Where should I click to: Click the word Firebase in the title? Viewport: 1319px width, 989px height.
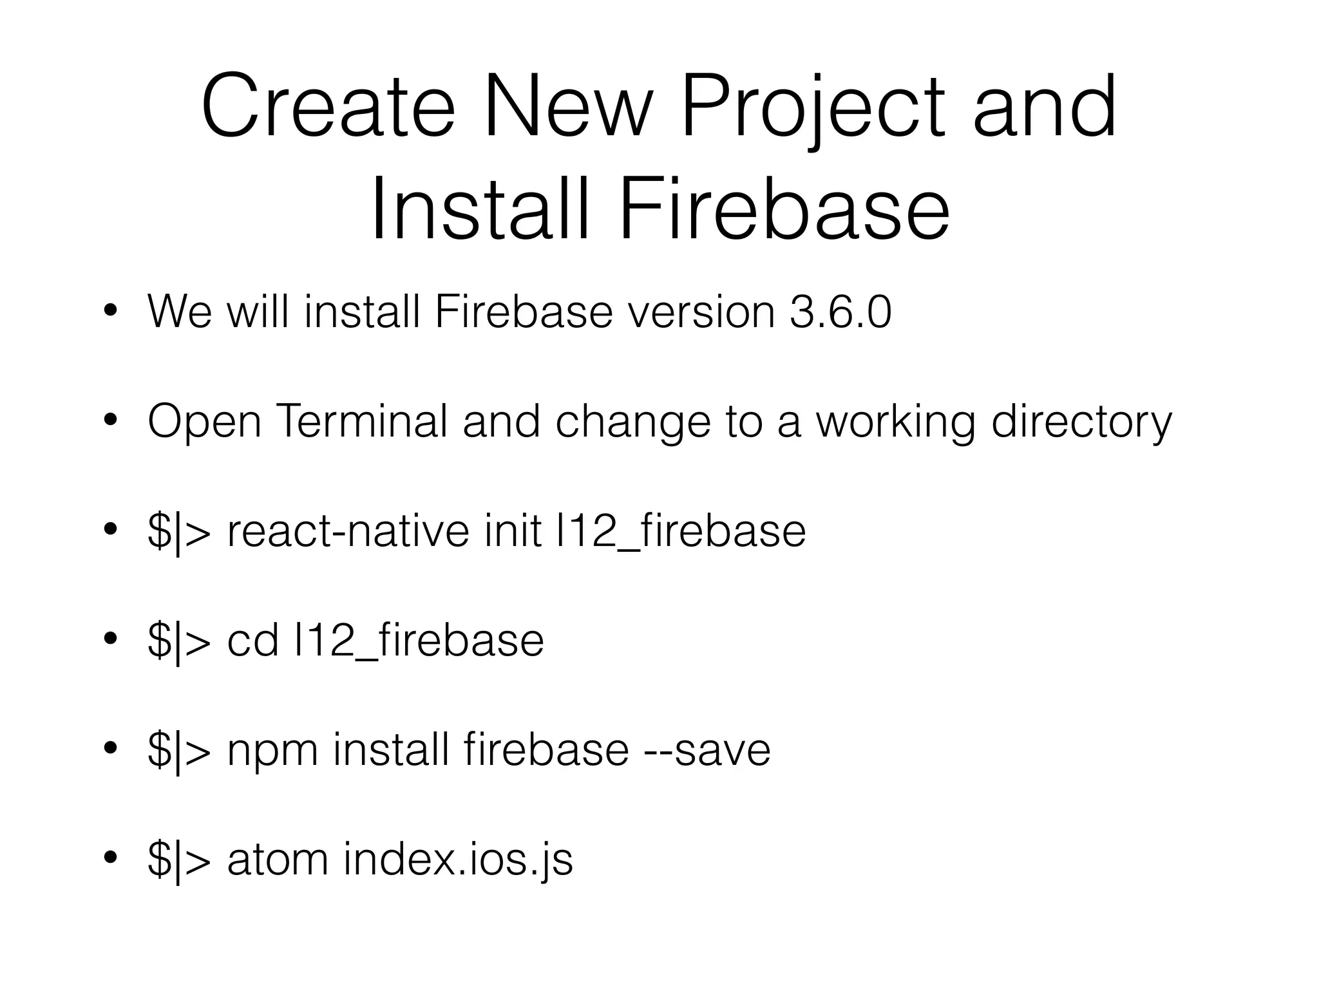[x=784, y=210]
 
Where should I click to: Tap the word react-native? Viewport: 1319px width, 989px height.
[x=348, y=531]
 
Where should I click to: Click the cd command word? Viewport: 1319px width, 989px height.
[x=252, y=641]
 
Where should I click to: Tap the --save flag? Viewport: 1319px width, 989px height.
[x=707, y=750]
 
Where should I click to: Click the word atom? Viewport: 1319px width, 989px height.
[x=278, y=860]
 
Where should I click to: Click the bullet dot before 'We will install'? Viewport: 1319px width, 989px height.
[x=110, y=312]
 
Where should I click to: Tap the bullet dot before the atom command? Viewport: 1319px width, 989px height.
[x=110, y=858]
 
